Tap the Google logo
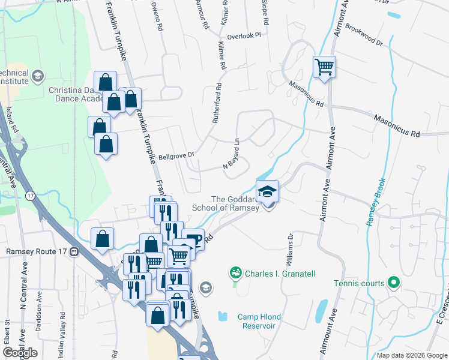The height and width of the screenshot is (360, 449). click(20, 353)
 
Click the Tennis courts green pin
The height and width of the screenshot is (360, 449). click(394, 281)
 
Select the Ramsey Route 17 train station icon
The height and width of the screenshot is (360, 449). click(74, 252)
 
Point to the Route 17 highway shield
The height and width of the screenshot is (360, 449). click(30, 196)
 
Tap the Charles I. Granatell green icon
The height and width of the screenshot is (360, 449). click(236, 273)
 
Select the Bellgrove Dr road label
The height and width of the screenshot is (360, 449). click(176, 154)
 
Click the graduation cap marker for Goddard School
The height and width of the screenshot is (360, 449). click(268, 191)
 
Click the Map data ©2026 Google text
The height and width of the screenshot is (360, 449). click(411, 355)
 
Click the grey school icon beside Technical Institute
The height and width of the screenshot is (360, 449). click(38, 76)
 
